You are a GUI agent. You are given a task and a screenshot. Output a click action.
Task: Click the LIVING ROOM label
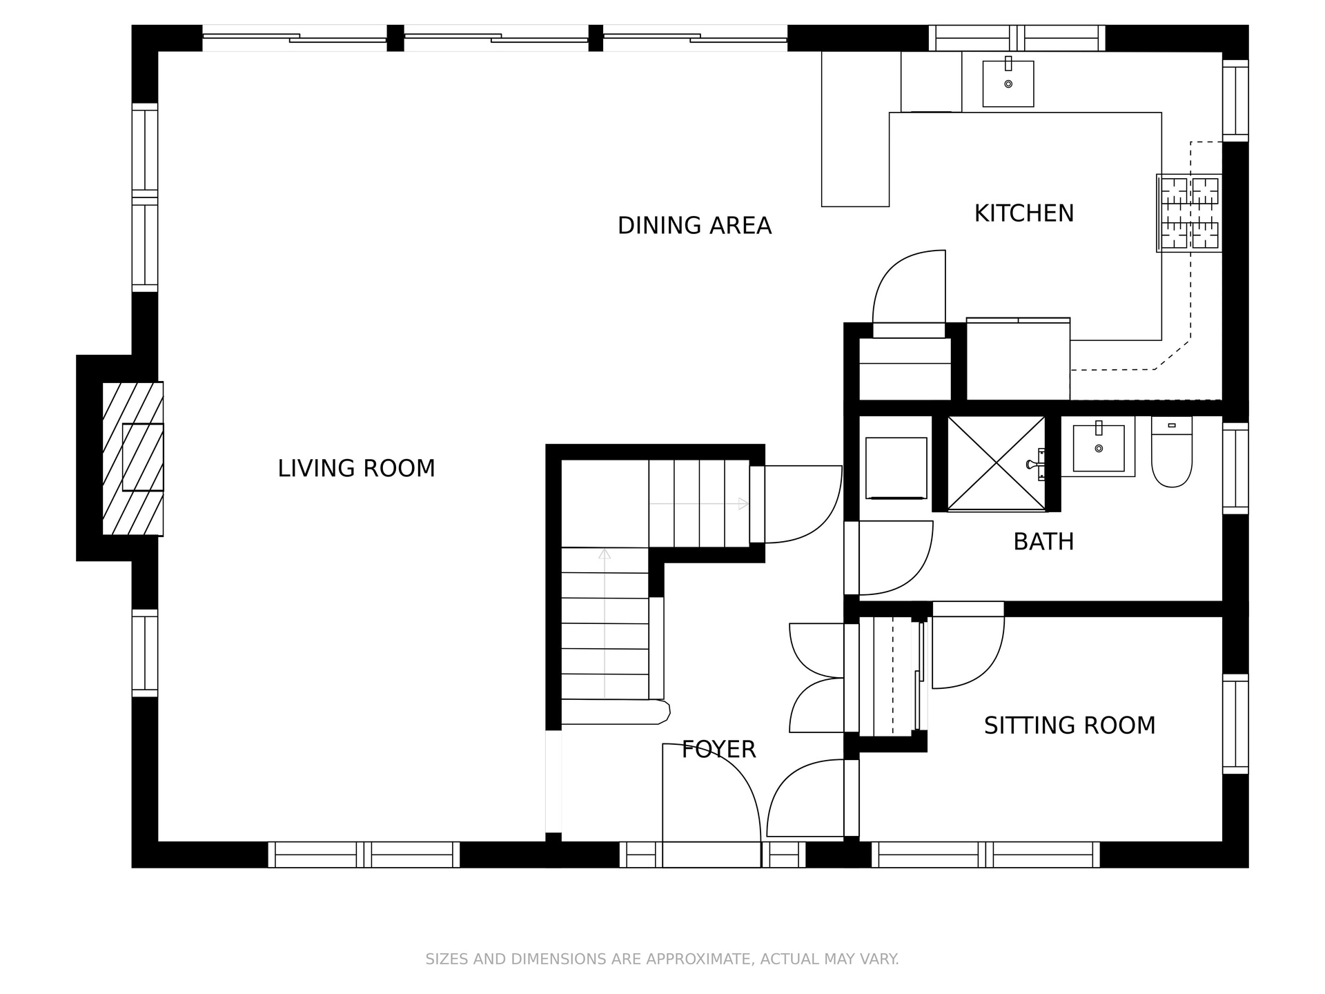(x=356, y=469)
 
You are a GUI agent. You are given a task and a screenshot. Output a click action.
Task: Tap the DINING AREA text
(x=694, y=226)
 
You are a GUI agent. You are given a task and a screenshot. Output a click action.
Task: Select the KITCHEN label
(x=1024, y=213)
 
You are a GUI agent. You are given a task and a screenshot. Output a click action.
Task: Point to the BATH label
(x=1043, y=542)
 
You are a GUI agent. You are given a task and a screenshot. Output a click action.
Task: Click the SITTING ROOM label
(x=1070, y=725)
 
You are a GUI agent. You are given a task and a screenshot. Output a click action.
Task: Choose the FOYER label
(x=719, y=749)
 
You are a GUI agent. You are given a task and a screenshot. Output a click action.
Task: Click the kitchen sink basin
(x=1008, y=83)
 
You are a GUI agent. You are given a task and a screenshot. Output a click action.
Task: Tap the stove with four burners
(x=1190, y=213)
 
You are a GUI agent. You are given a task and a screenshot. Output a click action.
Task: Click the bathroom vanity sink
(x=1099, y=447)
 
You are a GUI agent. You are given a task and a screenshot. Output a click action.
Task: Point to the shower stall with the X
(x=997, y=463)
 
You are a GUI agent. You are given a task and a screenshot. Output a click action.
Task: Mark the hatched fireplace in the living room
(x=133, y=458)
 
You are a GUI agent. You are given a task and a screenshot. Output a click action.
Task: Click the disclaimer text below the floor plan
(x=662, y=959)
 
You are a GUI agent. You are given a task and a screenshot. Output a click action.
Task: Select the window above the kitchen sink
(x=1017, y=38)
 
